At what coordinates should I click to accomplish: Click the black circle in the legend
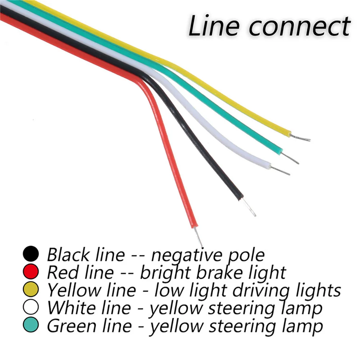click(31, 254)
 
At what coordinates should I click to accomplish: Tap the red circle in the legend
click(31, 272)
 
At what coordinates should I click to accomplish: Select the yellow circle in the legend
click(31, 290)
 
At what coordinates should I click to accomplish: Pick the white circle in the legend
click(31, 308)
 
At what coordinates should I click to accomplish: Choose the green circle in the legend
click(31, 326)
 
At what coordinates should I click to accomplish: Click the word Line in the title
click(210, 26)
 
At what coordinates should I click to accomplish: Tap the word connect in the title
click(295, 27)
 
